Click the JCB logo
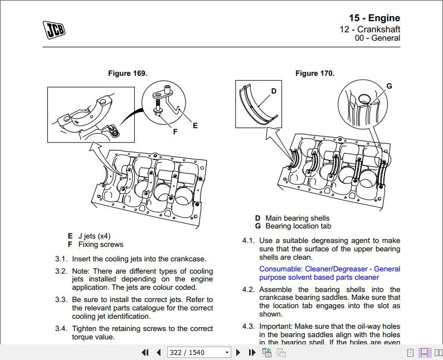(x=54, y=30)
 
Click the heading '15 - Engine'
(x=374, y=18)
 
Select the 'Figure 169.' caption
(x=128, y=73)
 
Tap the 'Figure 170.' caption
(x=315, y=73)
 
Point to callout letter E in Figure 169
(x=195, y=126)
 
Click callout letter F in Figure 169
(x=175, y=132)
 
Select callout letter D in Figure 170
(x=274, y=91)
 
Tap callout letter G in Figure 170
(x=389, y=86)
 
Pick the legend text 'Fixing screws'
(x=101, y=244)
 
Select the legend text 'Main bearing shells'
(x=297, y=218)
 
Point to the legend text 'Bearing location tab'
(x=298, y=226)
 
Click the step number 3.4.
(x=61, y=329)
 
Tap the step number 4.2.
(x=248, y=290)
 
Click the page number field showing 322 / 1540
(x=199, y=352)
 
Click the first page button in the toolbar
(x=145, y=352)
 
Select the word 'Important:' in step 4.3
(x=277, y=327)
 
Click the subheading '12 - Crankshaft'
(x=370, y=30)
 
